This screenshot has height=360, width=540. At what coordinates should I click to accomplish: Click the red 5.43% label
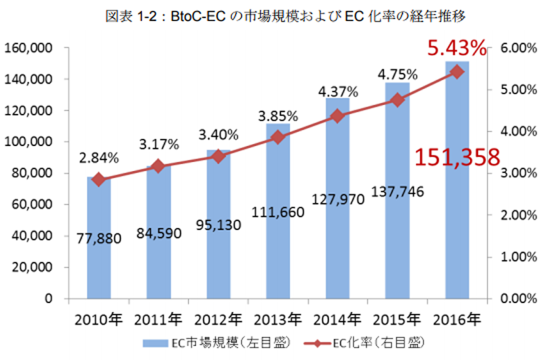457,49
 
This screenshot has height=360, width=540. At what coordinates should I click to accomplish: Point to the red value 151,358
458,157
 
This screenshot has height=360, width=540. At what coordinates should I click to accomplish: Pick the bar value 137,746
398,191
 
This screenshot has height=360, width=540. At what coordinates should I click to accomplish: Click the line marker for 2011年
159,166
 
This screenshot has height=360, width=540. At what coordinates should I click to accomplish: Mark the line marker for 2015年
397,100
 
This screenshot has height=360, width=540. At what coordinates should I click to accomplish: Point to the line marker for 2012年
218,156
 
